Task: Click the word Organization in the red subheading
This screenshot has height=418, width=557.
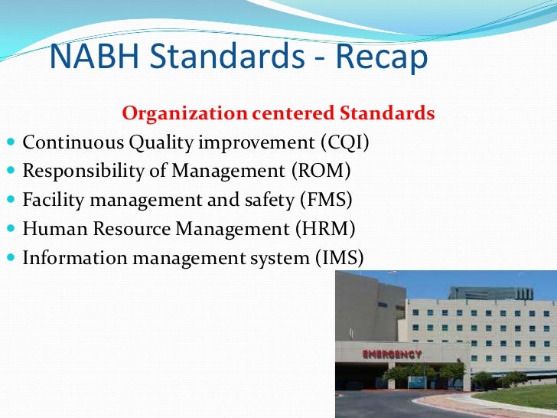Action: (181, 114)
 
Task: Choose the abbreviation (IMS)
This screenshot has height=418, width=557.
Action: (338, 257)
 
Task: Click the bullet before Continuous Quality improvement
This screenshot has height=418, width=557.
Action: (10, 143)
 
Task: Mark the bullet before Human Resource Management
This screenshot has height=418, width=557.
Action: (10, 229)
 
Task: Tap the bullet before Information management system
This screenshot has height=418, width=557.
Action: (10, 258)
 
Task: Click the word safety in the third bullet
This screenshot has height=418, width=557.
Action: (252, 200)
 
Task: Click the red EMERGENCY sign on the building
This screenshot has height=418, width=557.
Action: (391, 354)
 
